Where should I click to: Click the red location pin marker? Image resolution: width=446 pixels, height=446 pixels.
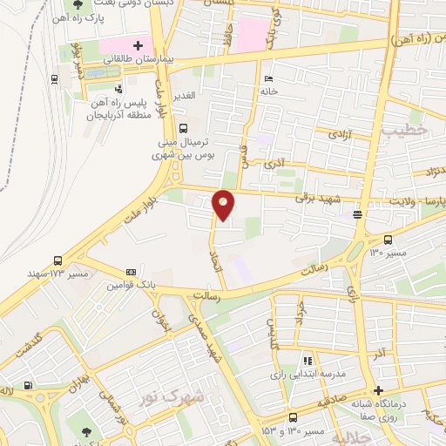click(x=224, y=204)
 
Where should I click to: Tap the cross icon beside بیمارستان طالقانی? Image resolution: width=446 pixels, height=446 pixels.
click(x=138, y=44)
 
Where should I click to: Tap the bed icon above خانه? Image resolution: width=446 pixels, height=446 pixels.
click(x=268, y=76)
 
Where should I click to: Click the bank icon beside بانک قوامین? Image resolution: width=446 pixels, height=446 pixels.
click(x=131, y=272)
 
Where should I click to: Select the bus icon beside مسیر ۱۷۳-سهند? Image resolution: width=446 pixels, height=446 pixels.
click(x=57, y=260)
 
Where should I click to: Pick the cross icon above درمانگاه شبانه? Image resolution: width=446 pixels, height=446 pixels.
click(x=378, y=390)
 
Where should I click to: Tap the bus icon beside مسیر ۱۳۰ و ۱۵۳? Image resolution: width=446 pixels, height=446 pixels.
click(x=293, y=417)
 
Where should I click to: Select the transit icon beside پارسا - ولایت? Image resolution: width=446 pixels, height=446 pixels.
click(x=357, y=213)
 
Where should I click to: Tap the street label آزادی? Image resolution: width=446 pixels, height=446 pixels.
click(x=338, y=135)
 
